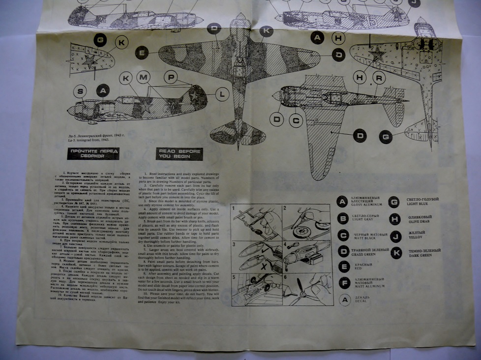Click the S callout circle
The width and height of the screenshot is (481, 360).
(x=82, y=90)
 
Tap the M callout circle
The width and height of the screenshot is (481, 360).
(x=144, y=78)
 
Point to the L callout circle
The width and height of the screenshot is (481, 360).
(x=222, y=93)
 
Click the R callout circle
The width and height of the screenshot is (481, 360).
(x=379, y=78)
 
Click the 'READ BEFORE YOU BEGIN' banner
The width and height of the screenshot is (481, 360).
(x=180, y=153)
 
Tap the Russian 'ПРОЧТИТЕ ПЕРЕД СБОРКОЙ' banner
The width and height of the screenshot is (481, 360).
(x=93, y=153)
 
